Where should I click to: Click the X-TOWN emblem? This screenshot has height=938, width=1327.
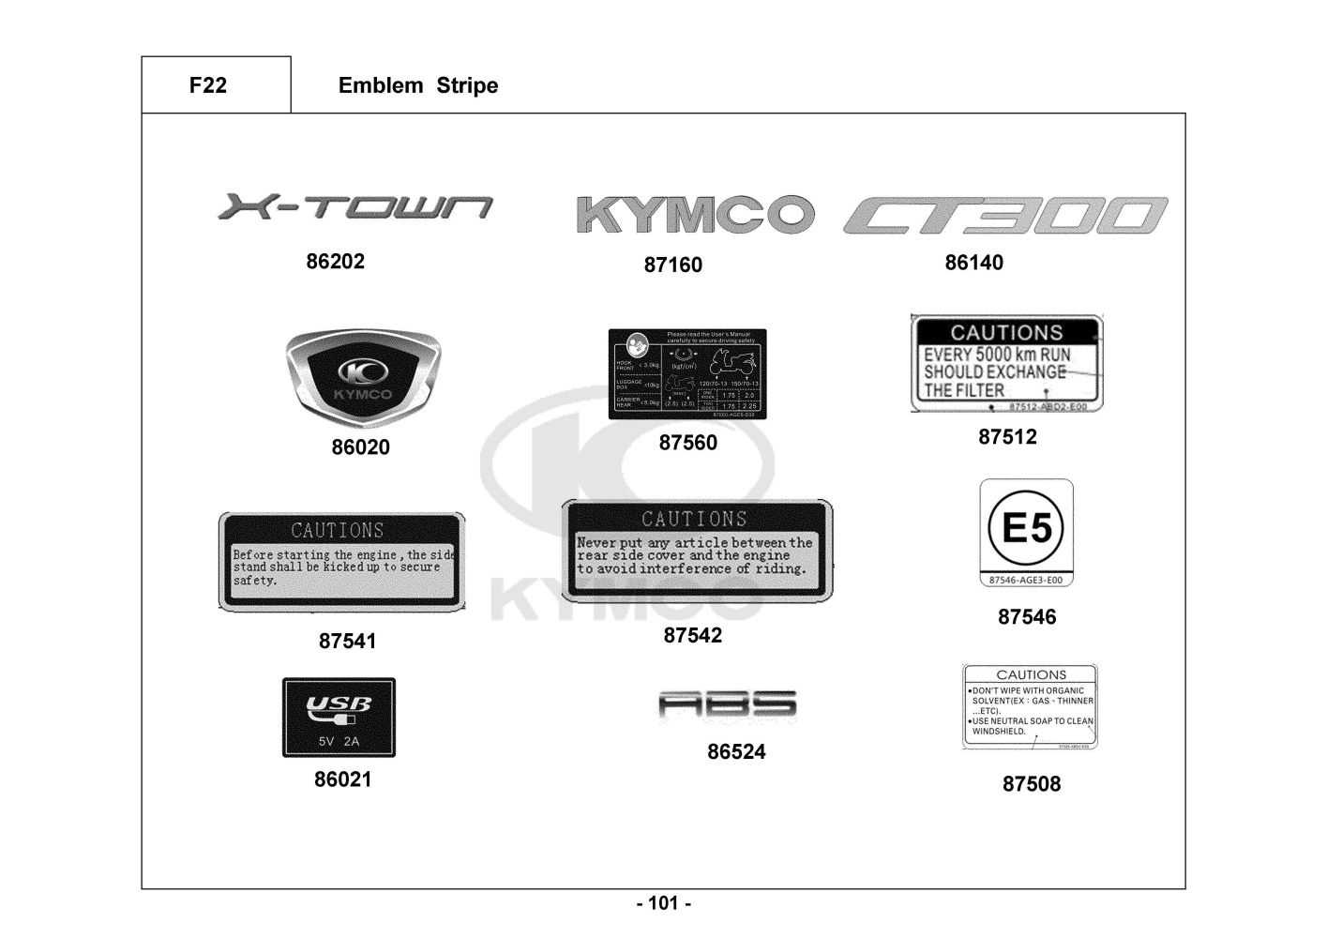coord(354,207)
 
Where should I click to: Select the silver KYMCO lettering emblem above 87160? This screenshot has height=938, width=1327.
coord(693,215)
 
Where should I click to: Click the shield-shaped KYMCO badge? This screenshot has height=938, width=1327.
coord(362,380)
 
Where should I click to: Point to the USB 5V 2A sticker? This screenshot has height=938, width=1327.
coord(339,718)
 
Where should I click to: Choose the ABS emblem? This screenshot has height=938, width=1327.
coord(728,704)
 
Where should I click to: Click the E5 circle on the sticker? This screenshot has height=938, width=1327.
coord(1027,528)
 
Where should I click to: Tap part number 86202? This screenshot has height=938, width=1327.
coord(335,262)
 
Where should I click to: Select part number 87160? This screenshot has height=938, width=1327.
coord(672,265)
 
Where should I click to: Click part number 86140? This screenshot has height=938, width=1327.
coord(973,263)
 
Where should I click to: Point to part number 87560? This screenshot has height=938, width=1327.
coord(687,443)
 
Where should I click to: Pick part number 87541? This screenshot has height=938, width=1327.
coord(347,642)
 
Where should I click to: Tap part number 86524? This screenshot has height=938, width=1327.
coord(736,752)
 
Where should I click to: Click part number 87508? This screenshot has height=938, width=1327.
coord(1032,784)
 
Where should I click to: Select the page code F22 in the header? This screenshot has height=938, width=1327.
coord(207,85)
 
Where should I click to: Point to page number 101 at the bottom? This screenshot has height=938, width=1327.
coord(664,904)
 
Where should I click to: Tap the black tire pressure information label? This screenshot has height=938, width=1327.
coord(687,374)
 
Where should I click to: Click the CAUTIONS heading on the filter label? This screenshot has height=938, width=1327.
coord(1006,332)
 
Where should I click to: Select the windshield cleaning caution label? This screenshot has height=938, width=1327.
coord(1030,707)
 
